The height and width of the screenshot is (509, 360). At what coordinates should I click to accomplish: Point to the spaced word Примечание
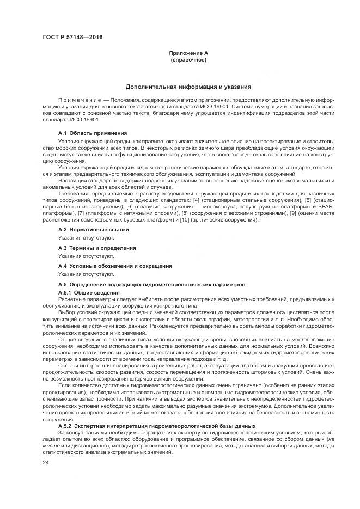point(80,101)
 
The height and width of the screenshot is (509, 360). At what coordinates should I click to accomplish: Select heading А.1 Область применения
point(93,133)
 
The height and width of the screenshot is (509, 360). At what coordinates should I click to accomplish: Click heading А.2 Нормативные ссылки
point(93,230)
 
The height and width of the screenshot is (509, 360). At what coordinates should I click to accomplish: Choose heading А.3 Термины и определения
point(97,248)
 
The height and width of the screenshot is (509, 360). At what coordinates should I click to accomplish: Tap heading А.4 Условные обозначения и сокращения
point(115,266)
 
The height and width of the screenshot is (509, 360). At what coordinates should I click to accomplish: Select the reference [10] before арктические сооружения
point(178,219)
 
